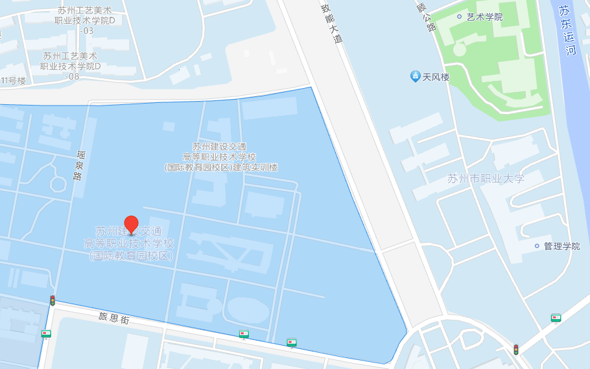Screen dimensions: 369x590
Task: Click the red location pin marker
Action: pos(131,225)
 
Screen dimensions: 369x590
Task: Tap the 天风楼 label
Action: pos(436,77)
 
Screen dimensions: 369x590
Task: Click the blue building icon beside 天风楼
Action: pos(416,76)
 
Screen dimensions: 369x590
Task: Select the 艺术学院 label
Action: pos(484,17)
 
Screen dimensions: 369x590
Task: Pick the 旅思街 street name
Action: pos(114,318)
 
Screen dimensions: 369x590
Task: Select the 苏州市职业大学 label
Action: pos(486,179)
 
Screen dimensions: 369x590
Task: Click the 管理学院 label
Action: pos(561,246)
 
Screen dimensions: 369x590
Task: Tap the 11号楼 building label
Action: pos(13,81)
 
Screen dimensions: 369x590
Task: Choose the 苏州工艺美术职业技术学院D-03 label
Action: pos(85,21)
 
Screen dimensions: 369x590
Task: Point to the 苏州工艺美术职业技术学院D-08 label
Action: pos(71,66)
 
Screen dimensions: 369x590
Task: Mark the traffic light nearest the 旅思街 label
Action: pos(53,300)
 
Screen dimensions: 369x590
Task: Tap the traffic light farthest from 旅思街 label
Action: pos(516,350)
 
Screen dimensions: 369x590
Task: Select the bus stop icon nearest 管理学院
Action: pos(556,318)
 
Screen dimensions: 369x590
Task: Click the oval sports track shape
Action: pos(248,311)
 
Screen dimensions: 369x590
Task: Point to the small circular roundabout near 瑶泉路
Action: pos(59,183)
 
